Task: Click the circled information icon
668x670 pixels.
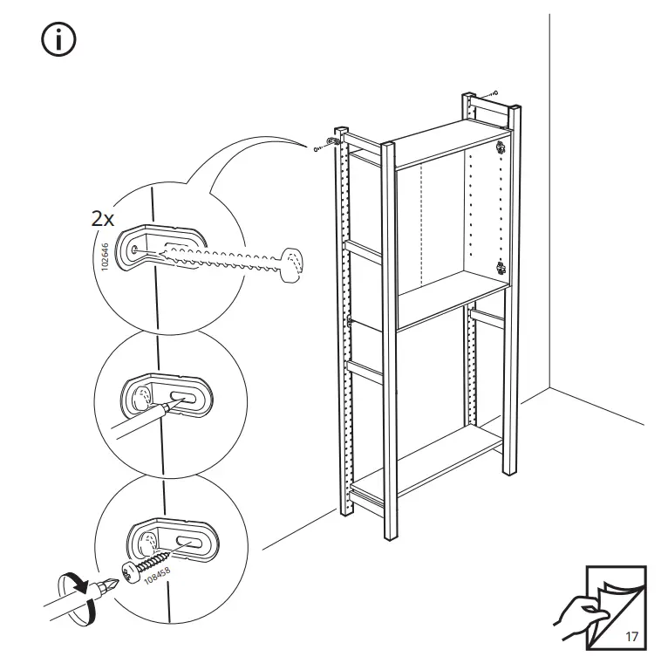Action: [x=59, y=40]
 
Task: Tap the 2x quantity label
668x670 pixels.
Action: [x=104, y=218]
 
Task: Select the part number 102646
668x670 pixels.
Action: [x=105, y=258]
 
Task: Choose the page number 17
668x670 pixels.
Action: [x=631, y=636]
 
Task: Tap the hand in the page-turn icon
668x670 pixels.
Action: [x=576, y=612]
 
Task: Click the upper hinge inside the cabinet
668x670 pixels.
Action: [x=501, y=147]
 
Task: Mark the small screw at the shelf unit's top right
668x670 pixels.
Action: [x=494, y=92]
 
